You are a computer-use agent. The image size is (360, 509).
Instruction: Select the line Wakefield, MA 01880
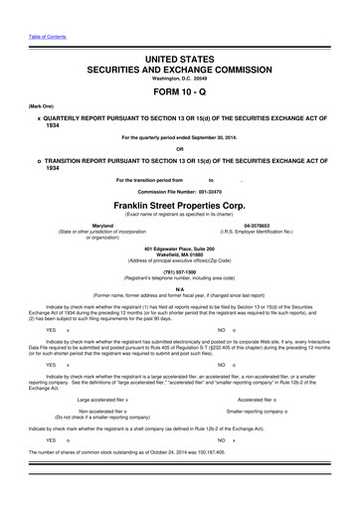click(x=180, y=254)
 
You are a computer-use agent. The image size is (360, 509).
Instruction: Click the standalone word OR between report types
click(x=180, y=150)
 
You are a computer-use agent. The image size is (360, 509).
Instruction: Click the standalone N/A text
click(x=180, y=288)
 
